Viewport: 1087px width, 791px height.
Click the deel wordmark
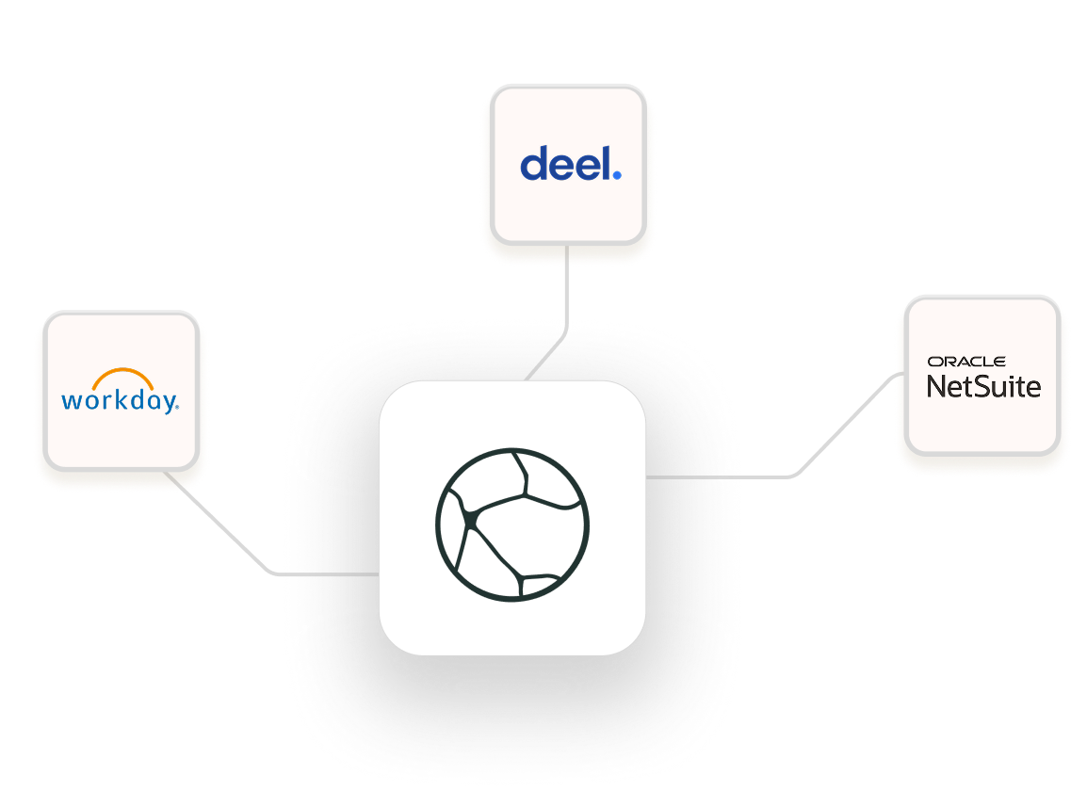click(570, 164)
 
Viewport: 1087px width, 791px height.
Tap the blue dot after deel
click(616, 174)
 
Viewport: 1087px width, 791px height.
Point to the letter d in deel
click(533, 164)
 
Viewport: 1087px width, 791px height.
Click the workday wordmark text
click(119, 401)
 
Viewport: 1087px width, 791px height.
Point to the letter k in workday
click(113, 400)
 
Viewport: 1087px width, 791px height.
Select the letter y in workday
click(168, 404)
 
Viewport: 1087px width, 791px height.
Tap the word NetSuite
click(983, 385)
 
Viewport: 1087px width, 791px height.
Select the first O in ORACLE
click(933, 362)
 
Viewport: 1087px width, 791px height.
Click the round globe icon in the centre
click(512, 524)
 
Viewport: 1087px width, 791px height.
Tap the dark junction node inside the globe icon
click(468, 519)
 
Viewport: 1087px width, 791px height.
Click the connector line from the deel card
click(565, 292)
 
